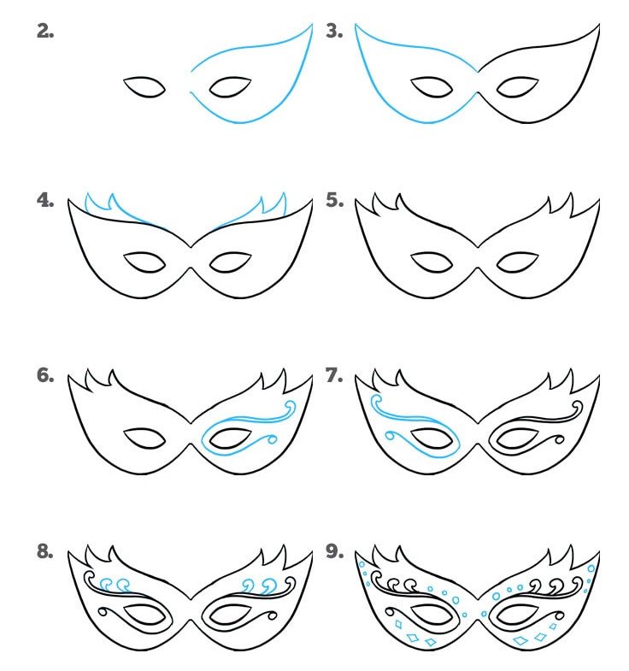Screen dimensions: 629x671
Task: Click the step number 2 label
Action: [x=45, y=32]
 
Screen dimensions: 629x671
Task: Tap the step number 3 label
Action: [x=334, y=32]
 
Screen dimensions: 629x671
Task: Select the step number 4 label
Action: [x=45, y=200]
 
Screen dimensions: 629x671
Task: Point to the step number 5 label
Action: [x=335, y=200]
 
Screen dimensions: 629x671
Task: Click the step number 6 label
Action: [x=45, y=375]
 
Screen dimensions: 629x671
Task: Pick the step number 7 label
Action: [x=334, y=375]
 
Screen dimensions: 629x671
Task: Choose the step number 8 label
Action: [x=45, y=551]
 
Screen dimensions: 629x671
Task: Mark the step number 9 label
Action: [x=335, y=551]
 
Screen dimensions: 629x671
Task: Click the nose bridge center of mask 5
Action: [x=478, y=257]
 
